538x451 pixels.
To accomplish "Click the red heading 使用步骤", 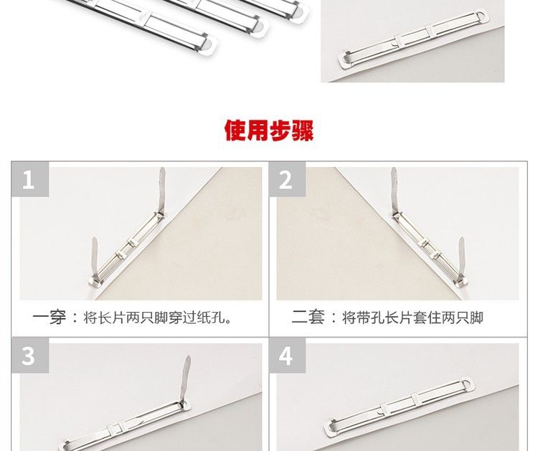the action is pos(269,130).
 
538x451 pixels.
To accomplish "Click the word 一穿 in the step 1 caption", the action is pos(49,317).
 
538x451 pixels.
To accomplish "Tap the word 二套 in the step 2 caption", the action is pos(308,317).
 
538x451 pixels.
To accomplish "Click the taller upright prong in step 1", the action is pos(161,190).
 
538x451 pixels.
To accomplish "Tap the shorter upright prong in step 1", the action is pos(95,257).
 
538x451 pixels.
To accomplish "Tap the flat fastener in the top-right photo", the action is pos(412,39).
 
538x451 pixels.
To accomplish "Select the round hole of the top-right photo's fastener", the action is pos(481,16).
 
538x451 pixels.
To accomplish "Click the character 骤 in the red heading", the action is pos(303,130).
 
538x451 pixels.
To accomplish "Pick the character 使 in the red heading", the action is pos(235,130).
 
